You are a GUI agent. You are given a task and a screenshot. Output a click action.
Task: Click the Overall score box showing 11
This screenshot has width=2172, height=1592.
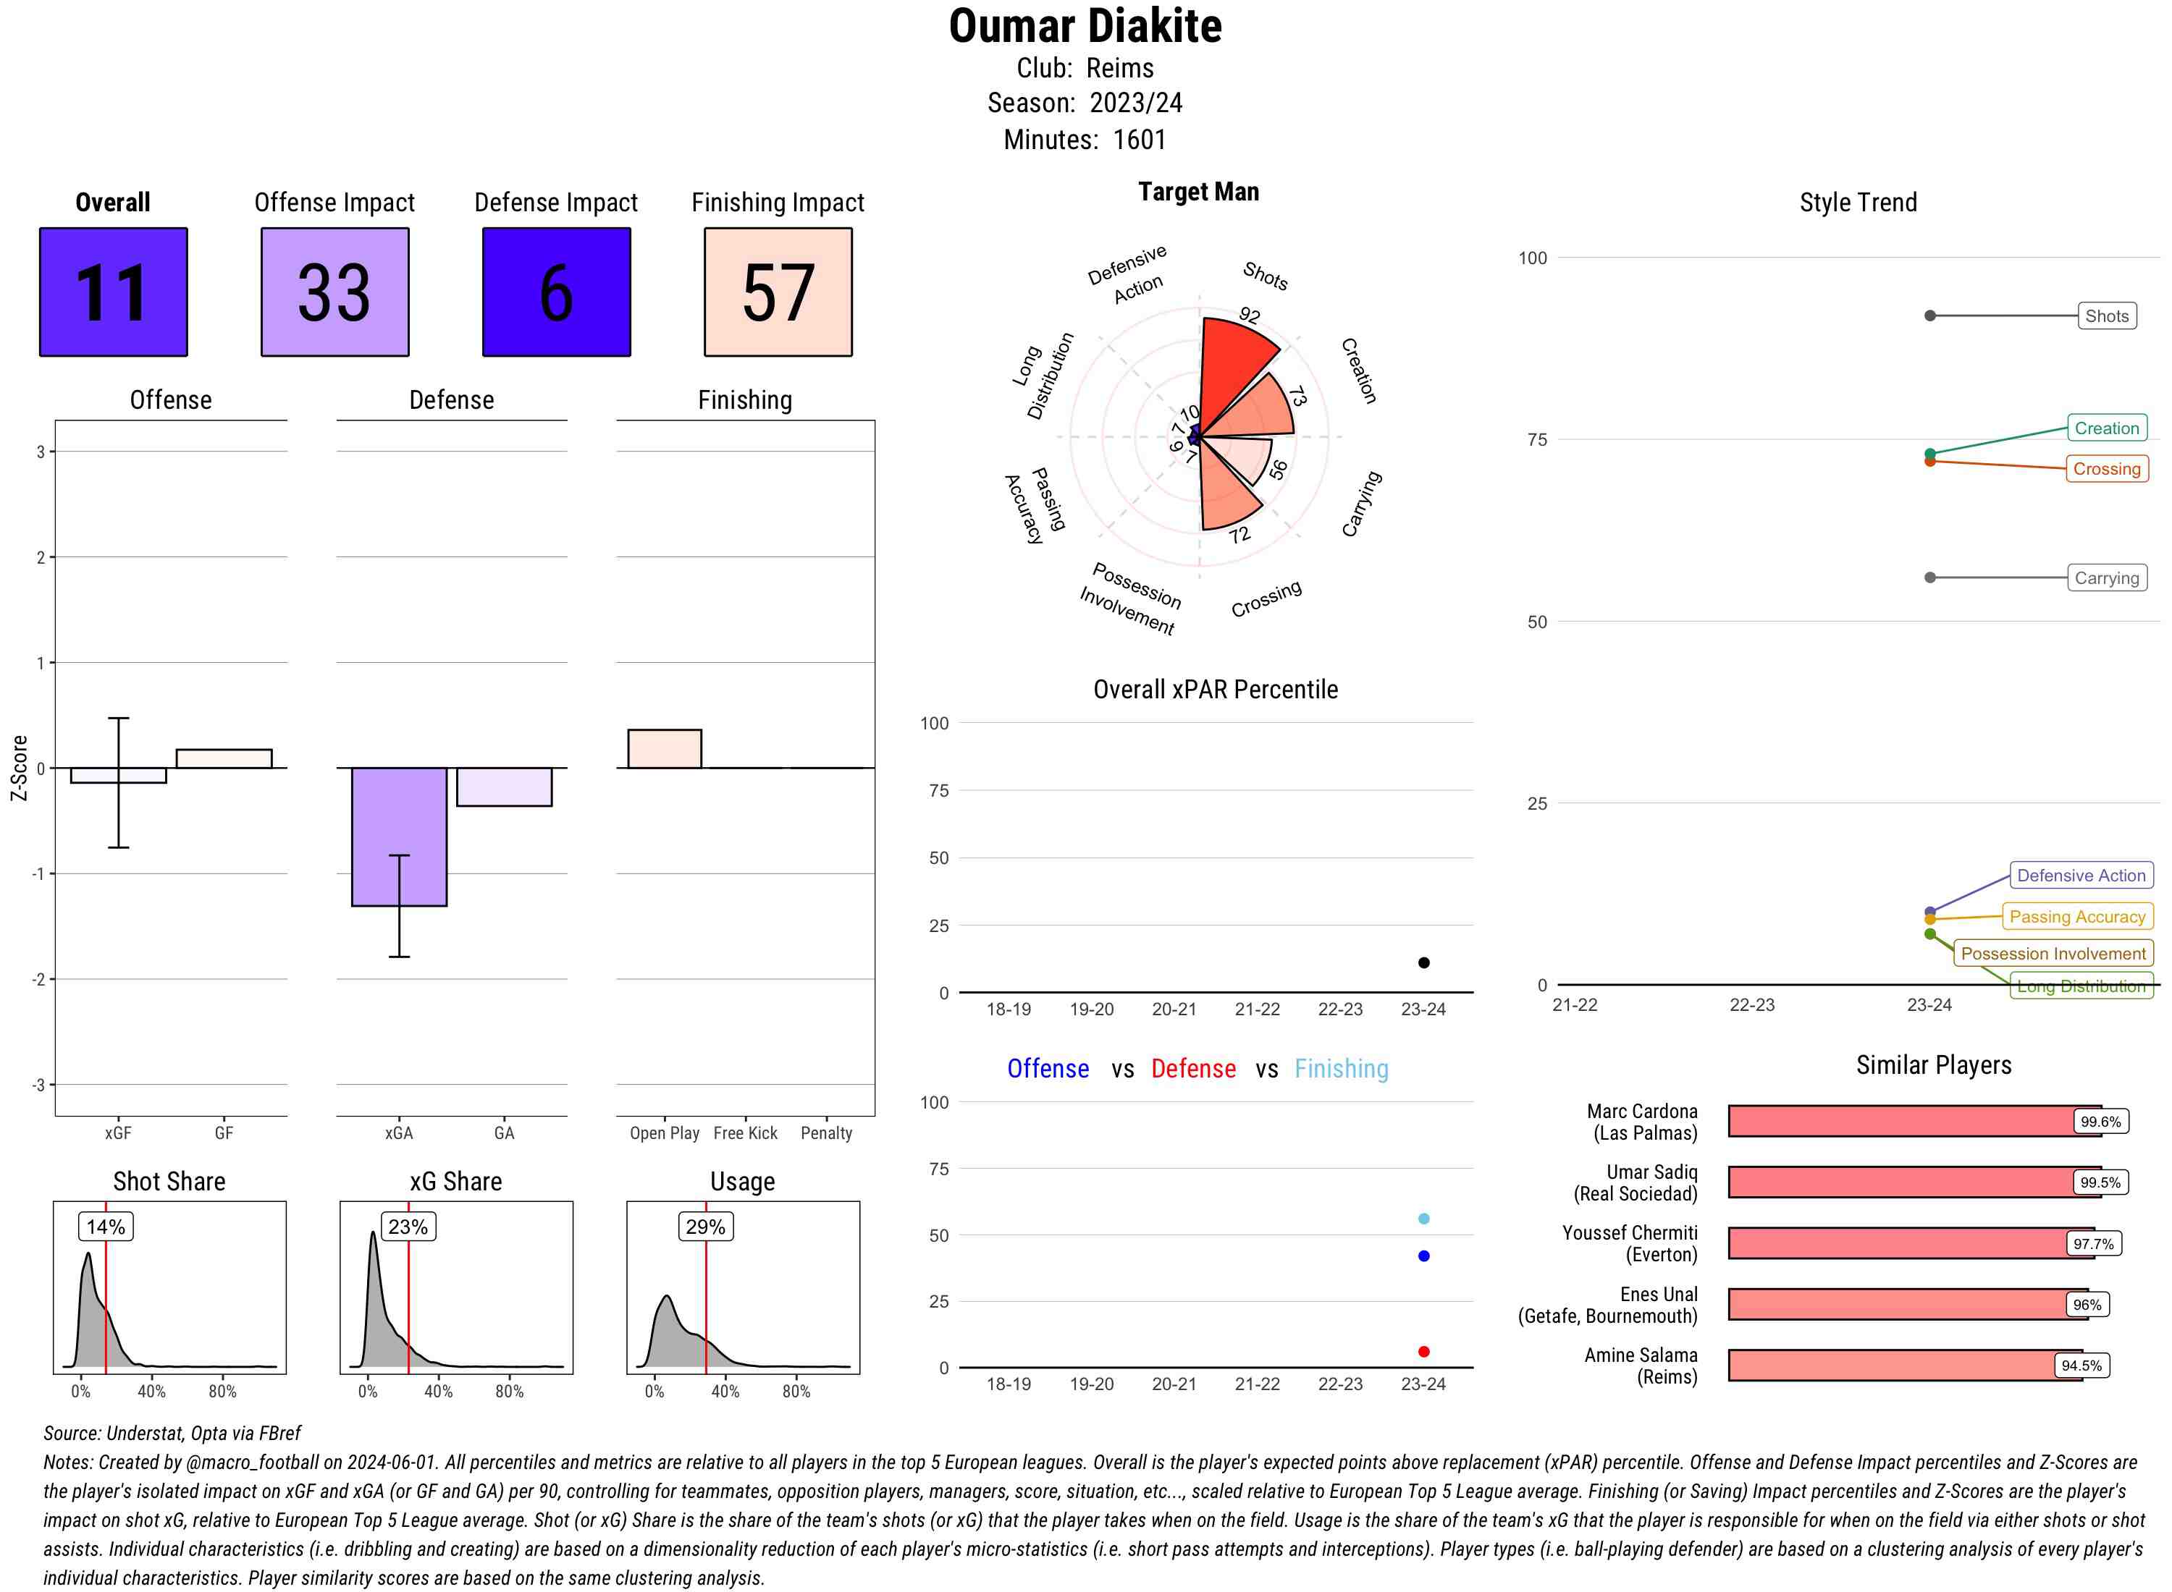tap(113, 292)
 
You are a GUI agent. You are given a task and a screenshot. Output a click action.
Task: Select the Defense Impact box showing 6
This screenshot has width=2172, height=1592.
tap(556, 292)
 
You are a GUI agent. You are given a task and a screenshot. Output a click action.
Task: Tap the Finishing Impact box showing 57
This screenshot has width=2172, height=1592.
tap(778, 292)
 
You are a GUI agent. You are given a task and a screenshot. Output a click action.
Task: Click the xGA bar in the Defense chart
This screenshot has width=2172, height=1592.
tap(399, 837)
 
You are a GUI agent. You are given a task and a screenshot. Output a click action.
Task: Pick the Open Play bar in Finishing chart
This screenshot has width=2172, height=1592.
tap(664, 749)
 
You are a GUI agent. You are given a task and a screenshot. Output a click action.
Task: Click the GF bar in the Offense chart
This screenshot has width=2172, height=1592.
tap(224, 758)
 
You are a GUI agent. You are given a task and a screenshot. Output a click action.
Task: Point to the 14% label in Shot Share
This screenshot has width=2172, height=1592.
tap(105, 1227)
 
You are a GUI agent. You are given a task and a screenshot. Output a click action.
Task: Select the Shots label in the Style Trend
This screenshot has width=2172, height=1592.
tap(2105, 316)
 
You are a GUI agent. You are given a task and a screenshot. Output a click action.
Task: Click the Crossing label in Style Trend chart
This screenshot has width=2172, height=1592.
tap(2105, 470)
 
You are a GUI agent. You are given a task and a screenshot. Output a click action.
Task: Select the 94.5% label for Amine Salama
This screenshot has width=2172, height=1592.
tap(2081, 1366)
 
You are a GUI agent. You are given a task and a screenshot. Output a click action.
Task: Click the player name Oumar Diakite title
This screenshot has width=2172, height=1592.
tap(1085, 27)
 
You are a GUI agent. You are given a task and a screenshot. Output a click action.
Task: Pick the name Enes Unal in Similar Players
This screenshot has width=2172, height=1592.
tap(1658, 1294)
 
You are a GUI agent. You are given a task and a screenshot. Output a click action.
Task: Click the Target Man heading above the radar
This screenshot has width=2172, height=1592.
tap(1197, 192)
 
